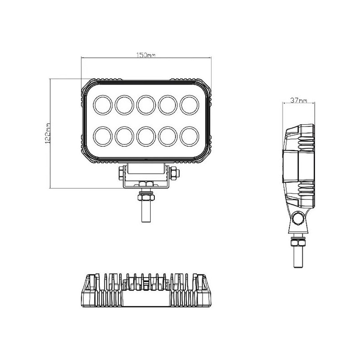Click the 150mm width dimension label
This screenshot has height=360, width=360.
click(146, 55)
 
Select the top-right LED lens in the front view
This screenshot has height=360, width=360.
click(189, 104)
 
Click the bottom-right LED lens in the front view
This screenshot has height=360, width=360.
click(189, 135)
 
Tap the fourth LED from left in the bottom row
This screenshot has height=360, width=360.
click(167, 135)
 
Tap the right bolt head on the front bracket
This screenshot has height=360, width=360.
click(173, 173)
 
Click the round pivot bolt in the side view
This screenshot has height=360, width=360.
click(297, 219)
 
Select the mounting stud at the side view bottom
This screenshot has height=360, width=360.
click(297, 258)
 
